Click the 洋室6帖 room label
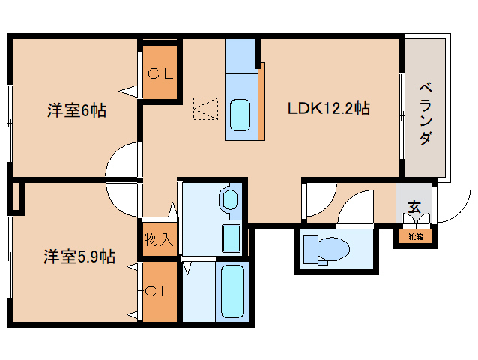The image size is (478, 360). pos(76,111)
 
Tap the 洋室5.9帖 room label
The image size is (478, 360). pos(78,256)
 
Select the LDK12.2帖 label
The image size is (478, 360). pos(328,108)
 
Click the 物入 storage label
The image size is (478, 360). pos(159,241)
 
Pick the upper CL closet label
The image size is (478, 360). pos(160,73)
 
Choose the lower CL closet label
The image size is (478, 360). pos(159,289)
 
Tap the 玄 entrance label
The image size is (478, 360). pos(414,206)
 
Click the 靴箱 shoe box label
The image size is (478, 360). pos(415,237)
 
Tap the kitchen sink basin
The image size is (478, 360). pos(241,115)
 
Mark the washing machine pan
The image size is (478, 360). pos(231,239)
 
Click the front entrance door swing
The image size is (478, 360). pos(450,204)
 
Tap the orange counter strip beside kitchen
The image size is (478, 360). pos(262,101)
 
